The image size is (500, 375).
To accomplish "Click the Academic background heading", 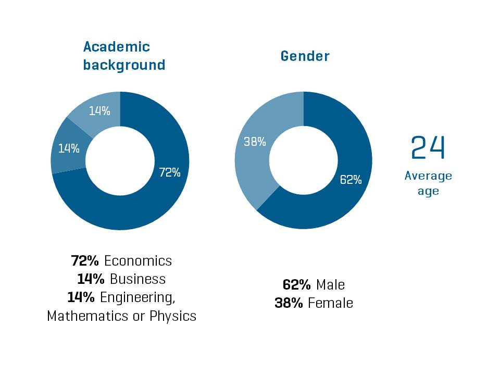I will click(x=124, y=56).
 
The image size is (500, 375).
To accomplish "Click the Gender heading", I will click(x=305, y=56).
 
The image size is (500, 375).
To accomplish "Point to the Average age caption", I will click(x=428, y=183).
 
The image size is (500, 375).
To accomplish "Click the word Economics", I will click(x=138, y=260).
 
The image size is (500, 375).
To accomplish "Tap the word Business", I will click(x=137, y=279).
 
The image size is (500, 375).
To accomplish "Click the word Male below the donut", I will click(x=330, y=285).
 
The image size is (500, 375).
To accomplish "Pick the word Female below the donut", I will click(x=330, y=303).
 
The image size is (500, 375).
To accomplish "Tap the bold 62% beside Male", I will click(x=297, y=285).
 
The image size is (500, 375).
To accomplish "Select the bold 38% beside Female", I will click(x=289, y=303).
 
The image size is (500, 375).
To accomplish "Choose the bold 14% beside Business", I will click(x=91, y=279).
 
